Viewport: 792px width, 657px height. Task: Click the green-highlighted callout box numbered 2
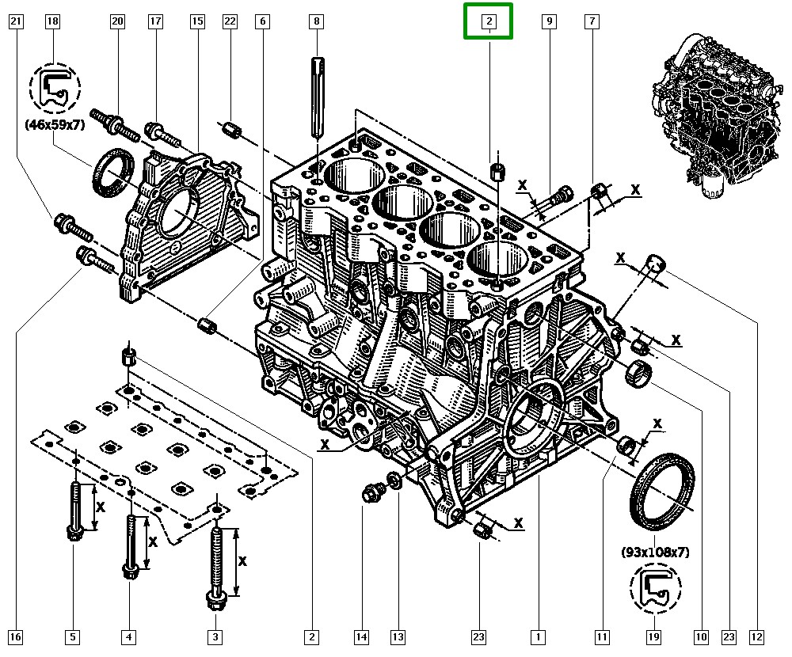[489, 21]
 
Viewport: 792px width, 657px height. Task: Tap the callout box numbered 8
[317, 21]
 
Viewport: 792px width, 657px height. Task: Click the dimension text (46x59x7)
[55, 123]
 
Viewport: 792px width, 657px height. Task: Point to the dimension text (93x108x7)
[654, 552]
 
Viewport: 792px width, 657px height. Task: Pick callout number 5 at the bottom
[73, 636]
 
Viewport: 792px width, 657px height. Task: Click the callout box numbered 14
[362, 636]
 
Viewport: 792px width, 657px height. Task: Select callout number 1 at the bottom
[538, 636]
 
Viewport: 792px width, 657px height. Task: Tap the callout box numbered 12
[757, 636]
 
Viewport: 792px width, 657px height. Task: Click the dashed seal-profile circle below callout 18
[55, 86]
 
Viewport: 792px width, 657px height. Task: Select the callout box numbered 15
[197, 21]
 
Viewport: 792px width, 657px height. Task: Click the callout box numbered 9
[548, 21]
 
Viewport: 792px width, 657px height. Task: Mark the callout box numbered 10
[701, 636]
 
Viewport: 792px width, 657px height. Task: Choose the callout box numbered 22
[230, 21]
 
